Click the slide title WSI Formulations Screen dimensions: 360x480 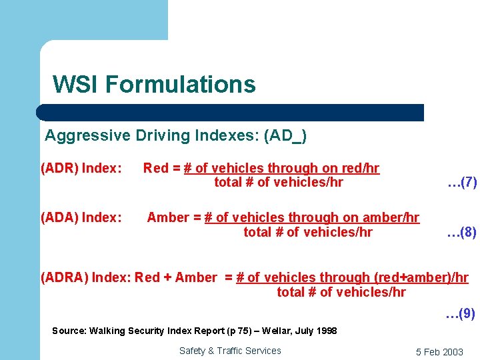(x=154, y=85)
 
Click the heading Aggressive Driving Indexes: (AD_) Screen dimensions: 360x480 (x=175, y=136)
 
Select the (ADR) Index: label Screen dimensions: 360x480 (x=81, y=169)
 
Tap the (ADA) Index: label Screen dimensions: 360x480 (x=81, y=217)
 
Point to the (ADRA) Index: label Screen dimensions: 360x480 (x=86, y=277)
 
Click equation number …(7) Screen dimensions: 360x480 (x=462, y=182)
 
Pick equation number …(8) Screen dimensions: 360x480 (x=461, y=232)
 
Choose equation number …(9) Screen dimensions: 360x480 (x=461, y=313)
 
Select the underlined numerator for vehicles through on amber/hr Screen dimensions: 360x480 (x=312, y=217)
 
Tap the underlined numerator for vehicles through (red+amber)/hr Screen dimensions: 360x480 (x=351, y=277)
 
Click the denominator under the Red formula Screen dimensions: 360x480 (x=278, y=183)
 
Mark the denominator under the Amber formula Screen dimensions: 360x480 (x=307, y=232)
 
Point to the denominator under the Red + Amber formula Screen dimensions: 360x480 (x=341, y=292)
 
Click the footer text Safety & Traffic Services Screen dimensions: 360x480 (x=230, y=351)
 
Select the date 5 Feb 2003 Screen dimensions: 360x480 (x=439, y=352)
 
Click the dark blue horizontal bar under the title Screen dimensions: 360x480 (x=230, y=112)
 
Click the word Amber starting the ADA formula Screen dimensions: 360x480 (x=167, y=217)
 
